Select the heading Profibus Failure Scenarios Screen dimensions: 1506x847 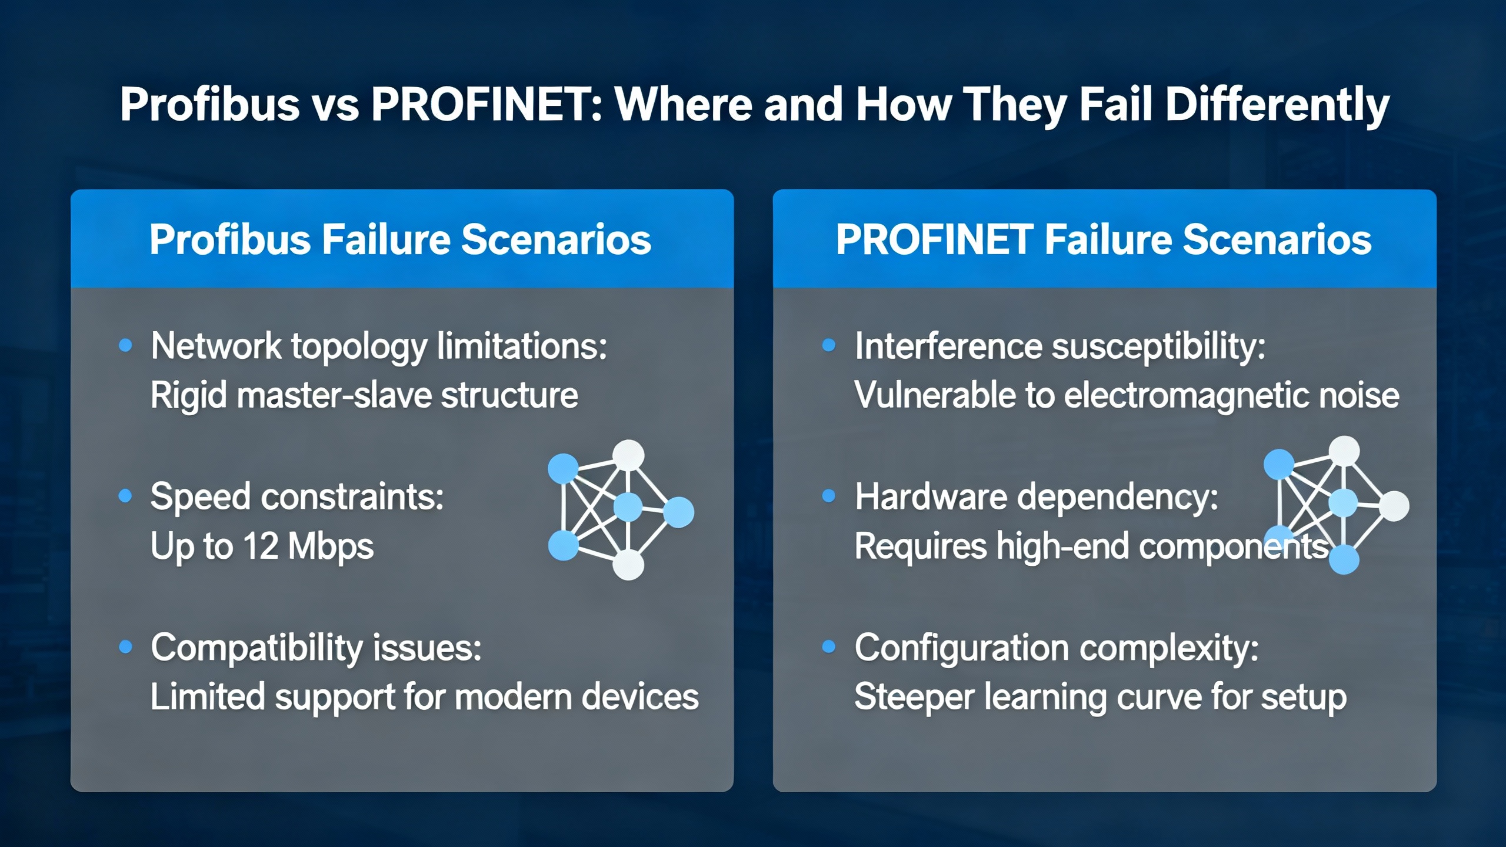click(401, 239)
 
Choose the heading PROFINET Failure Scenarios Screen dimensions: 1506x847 click(1104, 239)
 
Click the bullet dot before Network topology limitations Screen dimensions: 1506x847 click(125, 345)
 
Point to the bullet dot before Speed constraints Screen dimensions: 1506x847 click(125, 496)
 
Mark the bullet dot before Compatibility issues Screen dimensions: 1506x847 click(125, 647)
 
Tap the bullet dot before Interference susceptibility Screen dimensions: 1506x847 click(829, 345)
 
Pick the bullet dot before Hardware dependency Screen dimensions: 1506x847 click(829, 496)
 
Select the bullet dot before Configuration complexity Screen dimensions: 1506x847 click(829, 647)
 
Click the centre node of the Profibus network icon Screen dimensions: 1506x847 click(628, 507)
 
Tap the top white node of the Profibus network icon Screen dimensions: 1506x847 click(628, 456)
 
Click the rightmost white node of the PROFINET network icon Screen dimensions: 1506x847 click(1394, 506)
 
